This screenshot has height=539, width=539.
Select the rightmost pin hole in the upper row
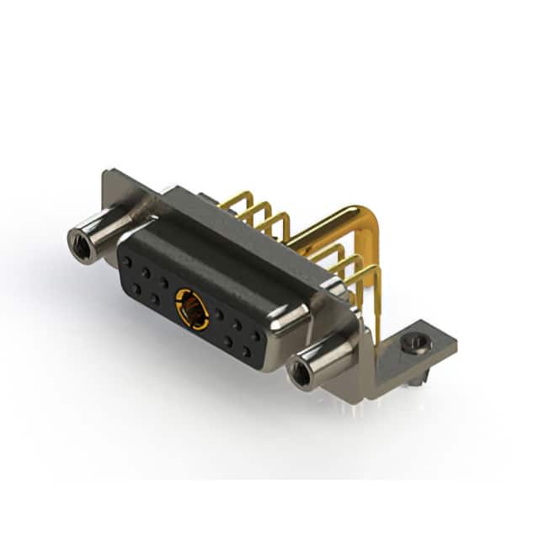pyautogui.click(x=256, y=335)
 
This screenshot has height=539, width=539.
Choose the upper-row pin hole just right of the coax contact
pyautogui.click(x=218, y=314)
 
